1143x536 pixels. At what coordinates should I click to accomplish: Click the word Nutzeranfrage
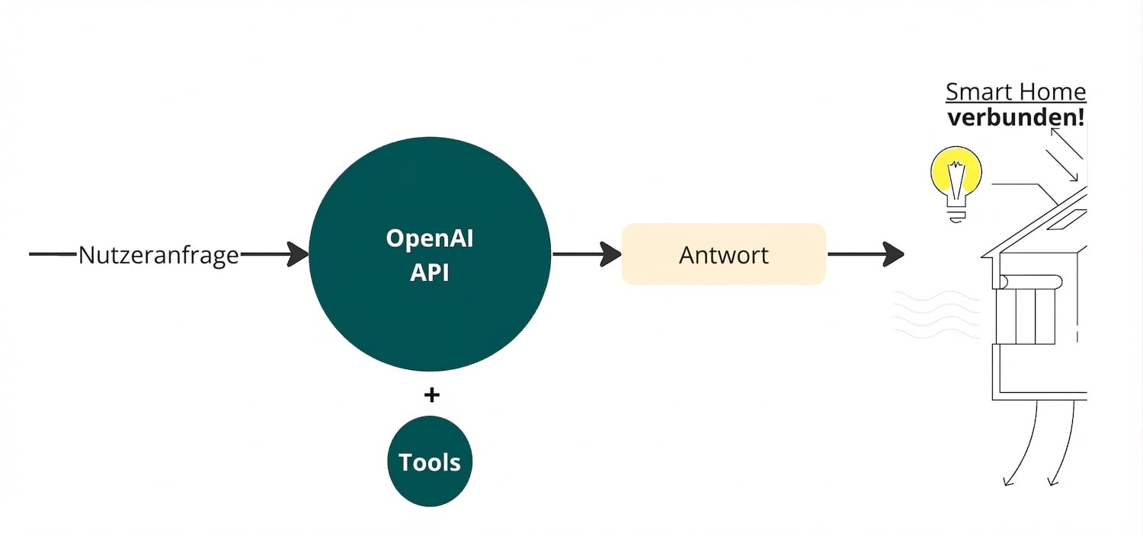tap(158, 255)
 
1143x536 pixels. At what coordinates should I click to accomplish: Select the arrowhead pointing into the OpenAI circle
tap(298, 254)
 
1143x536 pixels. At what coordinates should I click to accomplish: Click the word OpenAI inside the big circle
tap(429, 238)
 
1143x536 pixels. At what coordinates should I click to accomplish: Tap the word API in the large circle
tap(429, 272)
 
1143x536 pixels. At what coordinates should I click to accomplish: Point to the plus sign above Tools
tap(431, 394)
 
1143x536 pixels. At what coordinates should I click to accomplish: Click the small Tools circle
tap(430, 461)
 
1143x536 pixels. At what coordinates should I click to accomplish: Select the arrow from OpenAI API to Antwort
tap(587, 254)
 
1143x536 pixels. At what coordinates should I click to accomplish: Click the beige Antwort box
tap(723, 254)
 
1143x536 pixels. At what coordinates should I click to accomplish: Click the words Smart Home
tap(1015, 92)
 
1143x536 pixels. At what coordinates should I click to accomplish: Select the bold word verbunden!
tap(1016, 118)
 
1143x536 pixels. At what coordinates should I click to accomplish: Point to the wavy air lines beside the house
tap(925, 314)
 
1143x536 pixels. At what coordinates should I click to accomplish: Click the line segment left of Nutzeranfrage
tap(53, 254)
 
